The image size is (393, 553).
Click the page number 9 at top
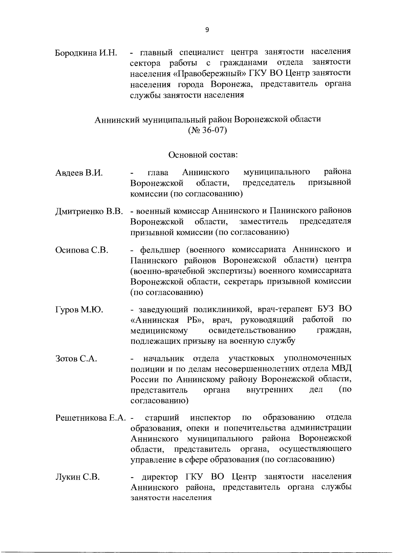(x=207, y=30)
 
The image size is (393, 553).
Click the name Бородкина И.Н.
(x=86, y=53)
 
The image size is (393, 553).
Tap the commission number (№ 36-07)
(x=207, y=130)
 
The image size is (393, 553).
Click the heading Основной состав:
(x=203, y=154)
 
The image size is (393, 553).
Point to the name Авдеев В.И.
(x=79, y=173)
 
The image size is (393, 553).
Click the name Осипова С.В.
(x=82, y=250)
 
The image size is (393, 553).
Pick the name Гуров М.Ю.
(x=79, y=309)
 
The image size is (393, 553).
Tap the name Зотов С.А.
(x=77, y=359)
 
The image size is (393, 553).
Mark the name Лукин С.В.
(x=78, y=477)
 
